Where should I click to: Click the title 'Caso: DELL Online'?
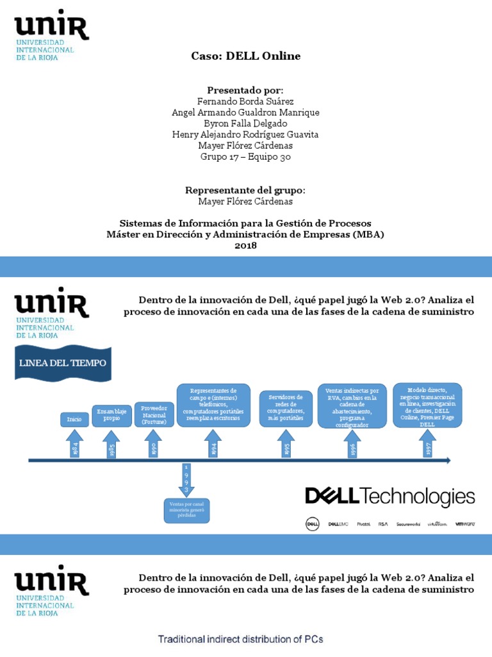tap(246, 56)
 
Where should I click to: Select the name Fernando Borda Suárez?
tap(246, 101)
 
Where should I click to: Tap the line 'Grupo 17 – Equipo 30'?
tap(246, 156)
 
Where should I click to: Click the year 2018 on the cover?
tap(246, 245)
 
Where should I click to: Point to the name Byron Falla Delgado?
tap(246, 123)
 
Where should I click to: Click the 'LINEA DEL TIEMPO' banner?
tap(63, 363)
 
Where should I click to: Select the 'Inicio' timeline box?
tap(74, 420)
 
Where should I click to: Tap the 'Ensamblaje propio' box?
tap(111, 415)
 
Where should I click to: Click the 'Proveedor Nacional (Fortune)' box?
tap(153, 414)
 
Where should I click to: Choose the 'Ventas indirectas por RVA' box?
tap(352, 407)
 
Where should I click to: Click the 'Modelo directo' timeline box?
tap(427, 405)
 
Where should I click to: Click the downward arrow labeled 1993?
tap(186, 481)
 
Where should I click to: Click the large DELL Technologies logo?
tap(389, 497)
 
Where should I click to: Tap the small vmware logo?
tap(464, 524)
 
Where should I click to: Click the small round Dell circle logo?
tap(312, 524)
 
